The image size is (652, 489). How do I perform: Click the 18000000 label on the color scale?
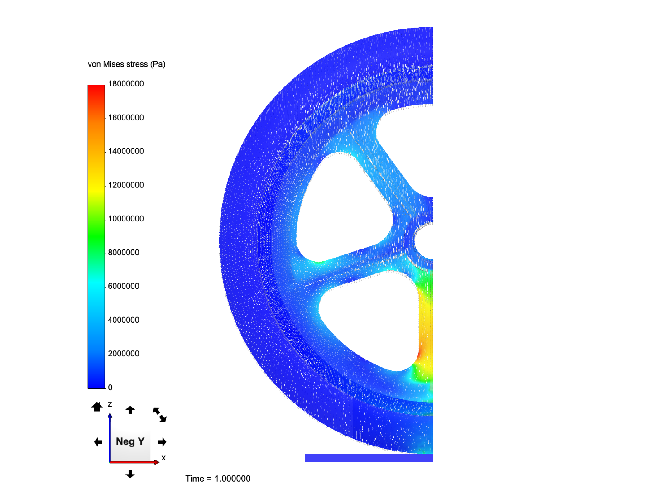[x=126, y=84]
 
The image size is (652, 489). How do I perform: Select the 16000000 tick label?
[x=126, y=118]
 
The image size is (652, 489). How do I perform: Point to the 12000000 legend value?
[x=126, y=185]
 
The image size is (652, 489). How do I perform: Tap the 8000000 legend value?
[x=124, y=253]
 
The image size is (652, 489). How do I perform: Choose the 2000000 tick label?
[x=124, y=354]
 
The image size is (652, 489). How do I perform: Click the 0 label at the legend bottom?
[x=110, y=388]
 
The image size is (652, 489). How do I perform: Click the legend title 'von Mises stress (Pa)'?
[x=127, y=64]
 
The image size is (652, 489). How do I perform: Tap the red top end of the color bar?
[x=96, y=87]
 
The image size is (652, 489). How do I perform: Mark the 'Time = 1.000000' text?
[x=218, y=479]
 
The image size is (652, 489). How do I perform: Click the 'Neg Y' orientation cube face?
[x=130, y=441]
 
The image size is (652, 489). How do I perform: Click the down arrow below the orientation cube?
[x=130, y=474]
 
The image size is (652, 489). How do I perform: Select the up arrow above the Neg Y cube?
[x=130, y=410]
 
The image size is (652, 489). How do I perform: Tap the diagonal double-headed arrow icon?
[x=159, y=414]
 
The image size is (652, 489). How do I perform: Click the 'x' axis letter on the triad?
[x=163, y=458]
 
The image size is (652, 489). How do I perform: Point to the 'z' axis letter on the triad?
[x=110, y=404]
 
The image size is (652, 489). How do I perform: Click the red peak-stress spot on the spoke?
[x=420, y=353]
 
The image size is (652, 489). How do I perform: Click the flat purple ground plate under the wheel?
[x=369, y=458]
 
